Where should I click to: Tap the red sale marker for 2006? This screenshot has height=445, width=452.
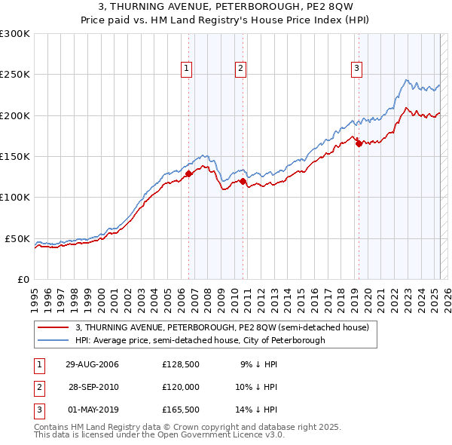pyautogui.click(x=189, y=174)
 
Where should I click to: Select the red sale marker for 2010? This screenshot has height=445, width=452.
pyautogui.click(x=243, y=181)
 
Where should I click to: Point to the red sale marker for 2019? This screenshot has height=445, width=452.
pyautogui.click(x=359, y=144)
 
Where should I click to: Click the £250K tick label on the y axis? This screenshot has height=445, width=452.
pyautogui.click(x=15, y=75)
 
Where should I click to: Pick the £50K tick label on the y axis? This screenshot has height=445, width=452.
pyautogui.click(x=18, y=238)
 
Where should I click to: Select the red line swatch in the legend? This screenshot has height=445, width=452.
pyautogui.click(x=53, y=328)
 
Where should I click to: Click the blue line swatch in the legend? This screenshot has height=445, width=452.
pyautogui.click(x=53, y=341)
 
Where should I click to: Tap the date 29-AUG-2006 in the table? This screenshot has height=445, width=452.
pyautogui.click(x=93, y=364)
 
